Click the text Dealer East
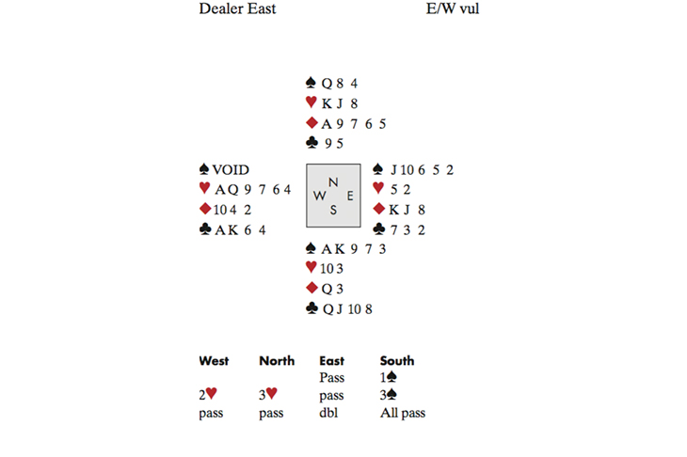(x=237, y=10)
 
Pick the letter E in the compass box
(x=349, y=196)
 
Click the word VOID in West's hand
(x=231, y=170)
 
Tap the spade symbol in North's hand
(x=312, y=83)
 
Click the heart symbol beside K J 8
(x=312, y=103)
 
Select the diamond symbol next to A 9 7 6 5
(x=312, y=124)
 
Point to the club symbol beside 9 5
(x=312, y=144)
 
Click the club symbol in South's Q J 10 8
(x=312, y=307)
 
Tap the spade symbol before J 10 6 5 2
(x=377, y=170)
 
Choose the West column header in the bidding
(x=214, y=361)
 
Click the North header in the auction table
(x=277, y=361)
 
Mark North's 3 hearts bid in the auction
(x=267, y=396)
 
